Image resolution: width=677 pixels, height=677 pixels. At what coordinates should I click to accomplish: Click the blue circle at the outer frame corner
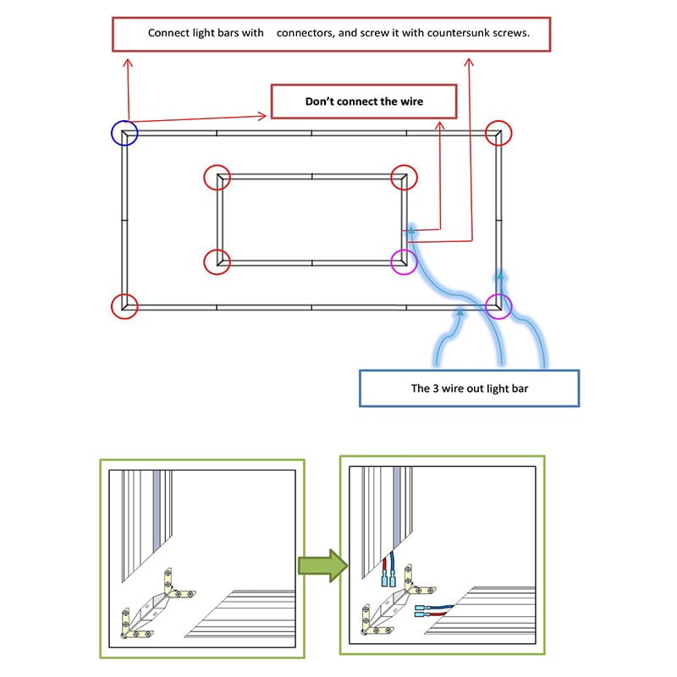(x=124, y=133)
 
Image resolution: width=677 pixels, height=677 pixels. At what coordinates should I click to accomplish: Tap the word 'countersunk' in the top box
(x=450, y=33)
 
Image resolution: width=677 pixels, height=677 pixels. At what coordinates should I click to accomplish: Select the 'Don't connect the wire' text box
(x=364, y=102)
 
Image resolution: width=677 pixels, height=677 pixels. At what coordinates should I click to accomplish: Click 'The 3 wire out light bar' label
(x=469, y=389)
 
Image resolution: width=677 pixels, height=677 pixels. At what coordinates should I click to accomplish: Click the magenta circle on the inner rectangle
(x=404, y=261)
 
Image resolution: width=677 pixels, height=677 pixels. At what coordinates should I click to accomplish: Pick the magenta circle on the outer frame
(x=499, y=305)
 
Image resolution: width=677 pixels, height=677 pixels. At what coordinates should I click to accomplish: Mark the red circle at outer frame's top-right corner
(x=499, y=132)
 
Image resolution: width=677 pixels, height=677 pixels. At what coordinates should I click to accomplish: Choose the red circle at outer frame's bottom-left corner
(x=124, y=305)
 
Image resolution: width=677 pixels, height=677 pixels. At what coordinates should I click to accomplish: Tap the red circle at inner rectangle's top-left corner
(x=217, y=177)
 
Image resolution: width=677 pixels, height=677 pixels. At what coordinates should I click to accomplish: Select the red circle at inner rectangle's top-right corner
(x=404, y=177)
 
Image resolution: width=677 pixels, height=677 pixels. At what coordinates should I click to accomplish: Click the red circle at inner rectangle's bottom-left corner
(x=217, y=261)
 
